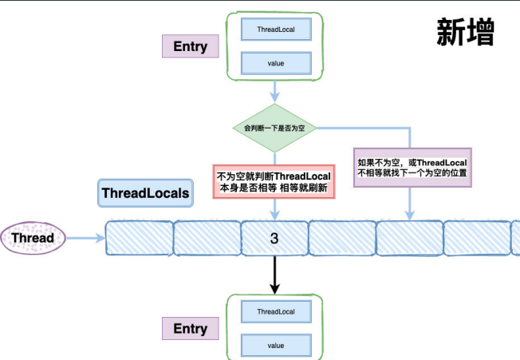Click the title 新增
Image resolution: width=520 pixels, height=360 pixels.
[466, 31]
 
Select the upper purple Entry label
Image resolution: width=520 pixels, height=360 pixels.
[190, 46]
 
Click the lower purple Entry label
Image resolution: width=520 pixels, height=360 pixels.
[190, 328]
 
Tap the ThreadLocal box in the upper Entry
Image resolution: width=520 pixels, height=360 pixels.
[275, 29]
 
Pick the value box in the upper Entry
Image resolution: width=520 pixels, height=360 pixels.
[275, 62]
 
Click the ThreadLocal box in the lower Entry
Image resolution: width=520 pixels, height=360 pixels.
[275, 311]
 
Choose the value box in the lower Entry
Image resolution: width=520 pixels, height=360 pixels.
[275, 346]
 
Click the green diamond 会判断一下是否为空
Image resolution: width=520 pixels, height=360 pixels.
[274, 128]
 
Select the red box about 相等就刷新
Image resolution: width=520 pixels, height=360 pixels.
[274, 180]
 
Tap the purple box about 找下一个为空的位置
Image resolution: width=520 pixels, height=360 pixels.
[411, 167]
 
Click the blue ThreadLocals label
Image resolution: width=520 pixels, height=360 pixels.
[145, 193]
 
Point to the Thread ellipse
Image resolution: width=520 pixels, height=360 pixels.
[33, 238]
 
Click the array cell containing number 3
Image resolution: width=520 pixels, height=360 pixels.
[274, 238]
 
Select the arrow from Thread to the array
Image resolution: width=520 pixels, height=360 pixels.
[85, 238]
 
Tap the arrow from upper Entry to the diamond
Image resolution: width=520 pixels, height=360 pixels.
[274, 92]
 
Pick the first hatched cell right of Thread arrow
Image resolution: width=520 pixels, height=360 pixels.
[140, 238]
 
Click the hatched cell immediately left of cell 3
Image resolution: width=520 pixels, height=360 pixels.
[207, 238]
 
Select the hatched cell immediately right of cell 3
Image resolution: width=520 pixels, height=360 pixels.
[342, 238]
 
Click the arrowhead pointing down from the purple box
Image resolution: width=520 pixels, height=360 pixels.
[411, 214]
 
